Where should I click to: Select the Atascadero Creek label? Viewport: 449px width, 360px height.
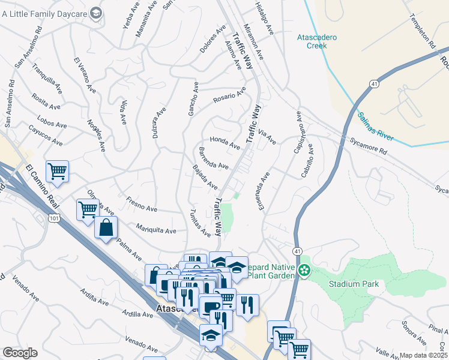pyautogui.click(x=318, y=41)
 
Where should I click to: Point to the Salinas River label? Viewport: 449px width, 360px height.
pyautogui.click(x=375, y=126)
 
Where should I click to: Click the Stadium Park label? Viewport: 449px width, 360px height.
pyautogui.click(x=353, y=284)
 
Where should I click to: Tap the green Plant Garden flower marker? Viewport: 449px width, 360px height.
pyautogui.click(x=305, y=271)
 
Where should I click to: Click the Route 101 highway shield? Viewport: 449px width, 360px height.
pyautogui.click(x=54, y=219)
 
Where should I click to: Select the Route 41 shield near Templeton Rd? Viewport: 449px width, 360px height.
pyautogui.click(x=373, y=84)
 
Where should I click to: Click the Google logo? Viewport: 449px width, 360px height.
pyautogui.click(x=20, y=353)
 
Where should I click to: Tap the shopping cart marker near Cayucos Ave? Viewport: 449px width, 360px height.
pyautogui.click(x=57, y=171)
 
